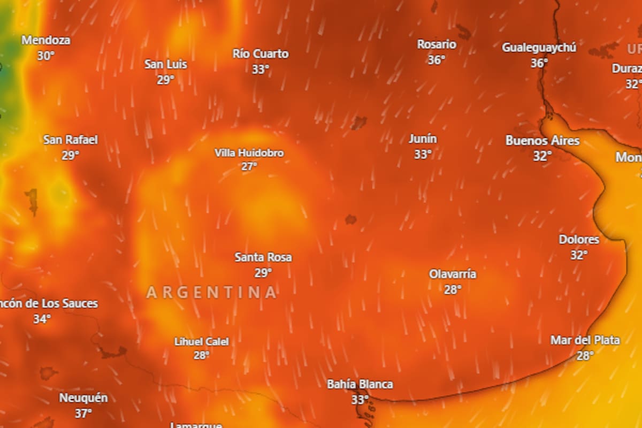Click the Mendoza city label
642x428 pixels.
[45, 40]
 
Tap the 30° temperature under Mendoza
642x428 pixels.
[45, 56]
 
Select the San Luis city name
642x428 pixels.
[166, 64]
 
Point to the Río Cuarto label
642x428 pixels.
[261, 53]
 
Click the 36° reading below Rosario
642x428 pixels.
[437, 60]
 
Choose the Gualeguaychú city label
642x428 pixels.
[539, 48]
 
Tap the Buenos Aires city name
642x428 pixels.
[542, 141]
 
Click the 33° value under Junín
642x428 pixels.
[423, 155]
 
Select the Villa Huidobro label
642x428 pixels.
[249, 153]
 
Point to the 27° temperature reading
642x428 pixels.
[249, 166]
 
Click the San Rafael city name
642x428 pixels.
[71, 140]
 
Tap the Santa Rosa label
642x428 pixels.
[263, 257]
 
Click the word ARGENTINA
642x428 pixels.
[212, 293]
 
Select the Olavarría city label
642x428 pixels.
[453, 274]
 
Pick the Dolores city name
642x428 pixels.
[579, 240]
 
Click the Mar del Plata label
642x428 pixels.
[585, 340]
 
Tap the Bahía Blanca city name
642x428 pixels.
[360, 384]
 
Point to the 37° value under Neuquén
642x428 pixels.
[83, 414]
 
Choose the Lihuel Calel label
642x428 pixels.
[202, 341]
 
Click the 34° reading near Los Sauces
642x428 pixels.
[42, 319]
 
